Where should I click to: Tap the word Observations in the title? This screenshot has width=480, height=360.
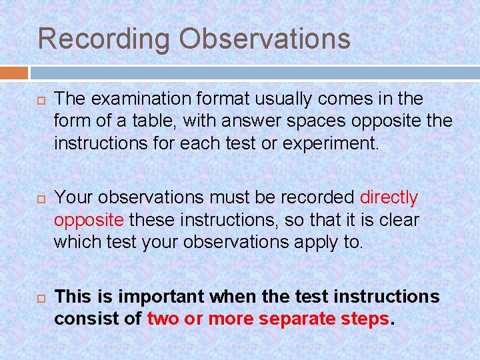(x=264, y=39)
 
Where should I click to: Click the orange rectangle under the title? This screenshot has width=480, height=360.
(x=14, y=72)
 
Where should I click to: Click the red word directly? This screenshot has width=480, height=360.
(x=388, y=198)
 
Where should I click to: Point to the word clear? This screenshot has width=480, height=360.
(x=399, y=219)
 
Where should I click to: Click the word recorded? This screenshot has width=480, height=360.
(x=315, y=198)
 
